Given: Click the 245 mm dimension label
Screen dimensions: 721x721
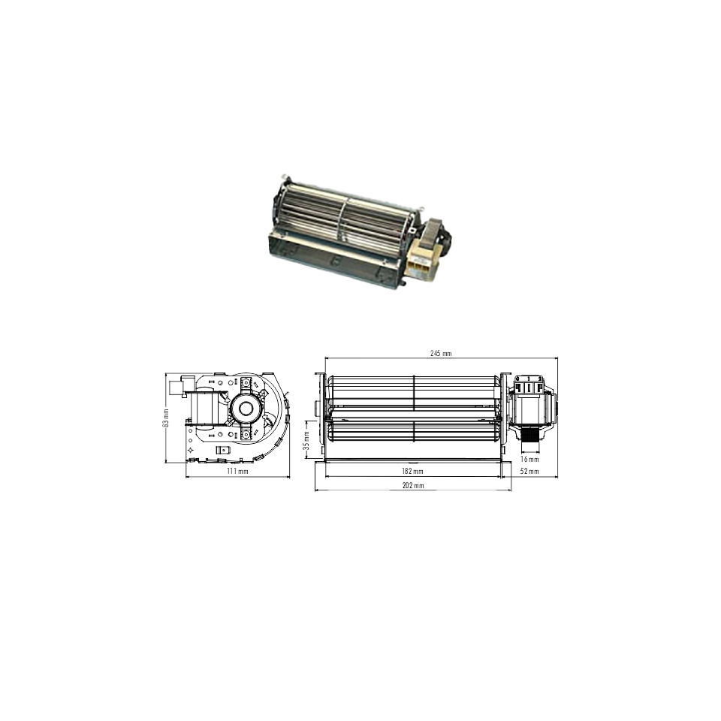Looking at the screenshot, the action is tap(441, 353).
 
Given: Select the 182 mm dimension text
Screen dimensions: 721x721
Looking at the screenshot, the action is tap(412, 471).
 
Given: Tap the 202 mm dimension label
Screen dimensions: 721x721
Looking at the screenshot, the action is tap(413, 485).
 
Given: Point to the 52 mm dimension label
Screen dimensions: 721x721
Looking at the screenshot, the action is tap(529, 471).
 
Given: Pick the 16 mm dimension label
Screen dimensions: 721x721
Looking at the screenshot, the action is tap(529, 459).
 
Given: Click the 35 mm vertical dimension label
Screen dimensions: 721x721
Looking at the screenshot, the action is tap(306, 441).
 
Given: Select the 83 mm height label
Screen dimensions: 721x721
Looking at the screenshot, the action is tap(166, 418).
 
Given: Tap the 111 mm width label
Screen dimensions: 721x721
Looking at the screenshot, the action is tap(237, 472).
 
